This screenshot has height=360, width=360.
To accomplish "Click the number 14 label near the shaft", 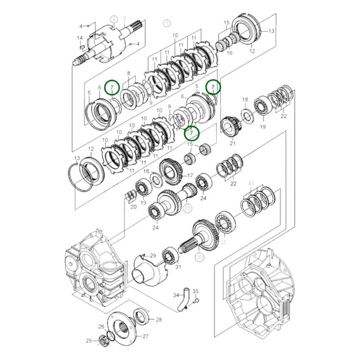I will pos(80,38).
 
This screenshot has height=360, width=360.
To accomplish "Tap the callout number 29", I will pos(153,255).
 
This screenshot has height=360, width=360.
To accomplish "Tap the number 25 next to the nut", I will pos(88,341).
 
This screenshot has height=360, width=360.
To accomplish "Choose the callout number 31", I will pos(178,267).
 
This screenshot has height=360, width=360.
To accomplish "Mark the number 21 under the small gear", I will pos(233,143).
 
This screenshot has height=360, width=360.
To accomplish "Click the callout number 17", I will pos(190,177).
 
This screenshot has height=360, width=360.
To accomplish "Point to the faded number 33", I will pos(251,183).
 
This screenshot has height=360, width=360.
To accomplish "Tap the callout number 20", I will pos(133,208).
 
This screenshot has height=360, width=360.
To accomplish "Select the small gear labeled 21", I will pos(230,126).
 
